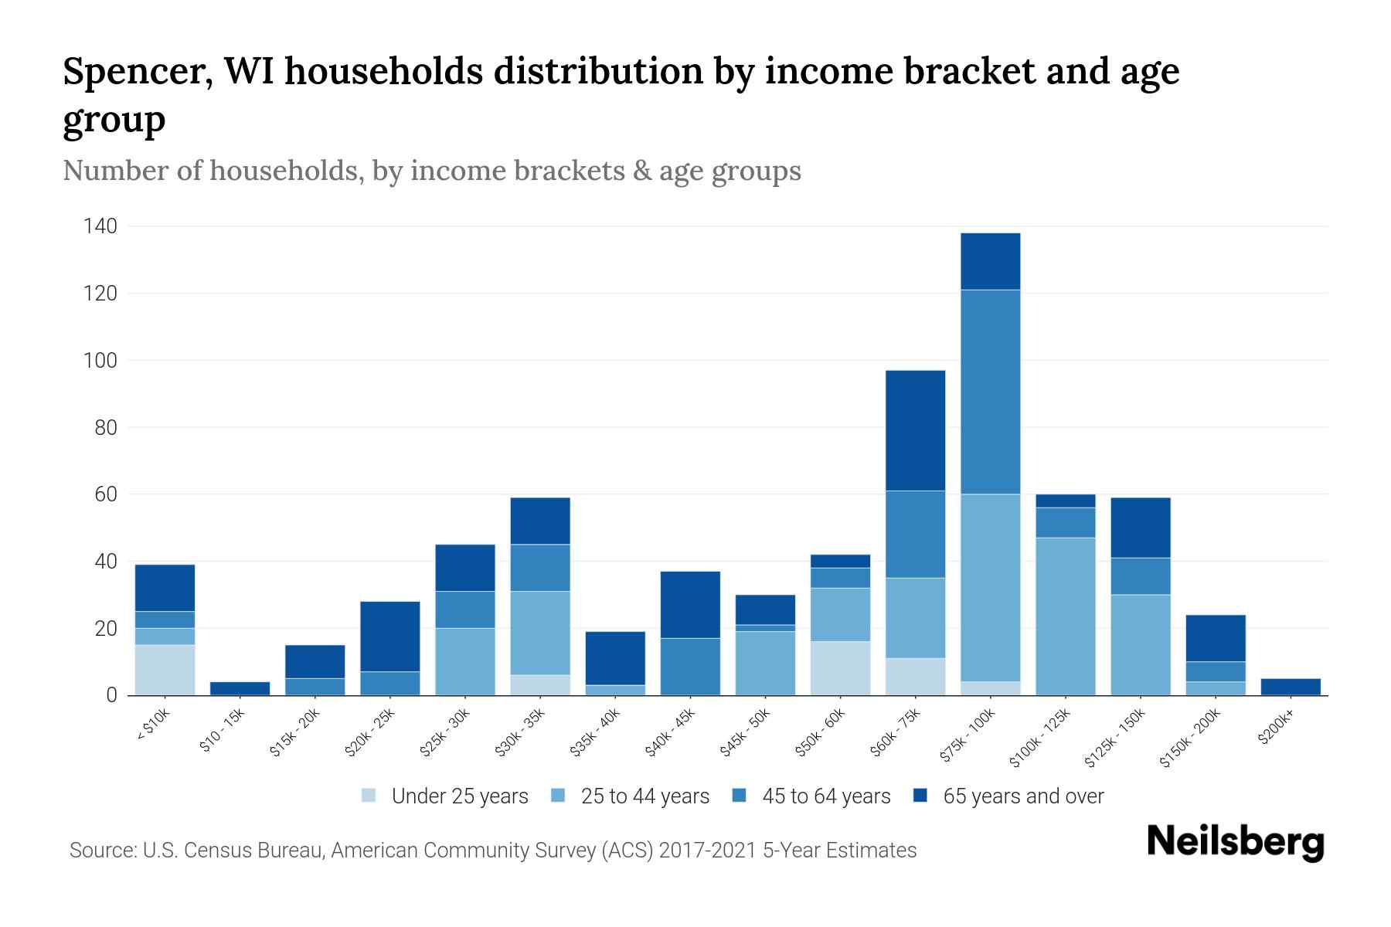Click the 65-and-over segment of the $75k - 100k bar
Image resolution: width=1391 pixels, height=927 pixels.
[990, 261]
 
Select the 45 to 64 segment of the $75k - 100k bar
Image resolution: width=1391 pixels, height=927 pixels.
[990, 392]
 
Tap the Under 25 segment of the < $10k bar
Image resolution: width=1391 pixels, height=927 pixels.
[165, 670]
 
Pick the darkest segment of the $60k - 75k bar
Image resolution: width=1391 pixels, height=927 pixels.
[915, 430]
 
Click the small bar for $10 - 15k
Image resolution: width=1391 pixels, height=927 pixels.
[240, 688]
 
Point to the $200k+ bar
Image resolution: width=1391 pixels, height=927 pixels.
[1291, 687]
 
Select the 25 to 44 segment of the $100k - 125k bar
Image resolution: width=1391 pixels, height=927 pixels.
[1066, 616]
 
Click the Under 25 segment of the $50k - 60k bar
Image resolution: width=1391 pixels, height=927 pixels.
[840, 668]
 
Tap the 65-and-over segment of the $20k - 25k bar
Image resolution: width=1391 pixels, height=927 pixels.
[389, 637]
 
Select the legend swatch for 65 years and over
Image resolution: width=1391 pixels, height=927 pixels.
[920, 796]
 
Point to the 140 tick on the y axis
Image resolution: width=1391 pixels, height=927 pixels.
[101, 226]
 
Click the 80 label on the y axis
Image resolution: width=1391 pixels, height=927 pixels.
[106, 427]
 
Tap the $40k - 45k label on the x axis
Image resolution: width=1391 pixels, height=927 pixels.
[671, 734]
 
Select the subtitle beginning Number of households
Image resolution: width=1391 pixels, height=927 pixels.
[431, 171]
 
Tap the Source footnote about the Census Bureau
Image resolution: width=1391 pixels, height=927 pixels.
[493, 851]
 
